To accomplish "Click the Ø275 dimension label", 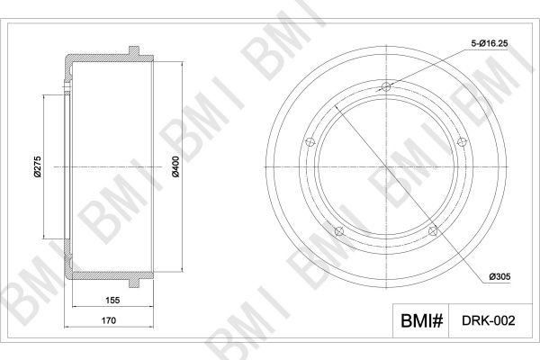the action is click(38, 166).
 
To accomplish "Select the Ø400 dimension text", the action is click(175, 166).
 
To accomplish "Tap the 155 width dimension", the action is click(112, 300).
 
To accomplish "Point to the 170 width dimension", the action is click(109, 320).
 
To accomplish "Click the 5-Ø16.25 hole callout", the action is click(490, 43).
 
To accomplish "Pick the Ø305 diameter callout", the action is click(499, 276).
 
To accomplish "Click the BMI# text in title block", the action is click(421, 320).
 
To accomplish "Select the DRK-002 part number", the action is click(489, 320).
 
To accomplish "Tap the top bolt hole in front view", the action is click(386, 86).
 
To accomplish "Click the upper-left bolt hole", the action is click(310, 141).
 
